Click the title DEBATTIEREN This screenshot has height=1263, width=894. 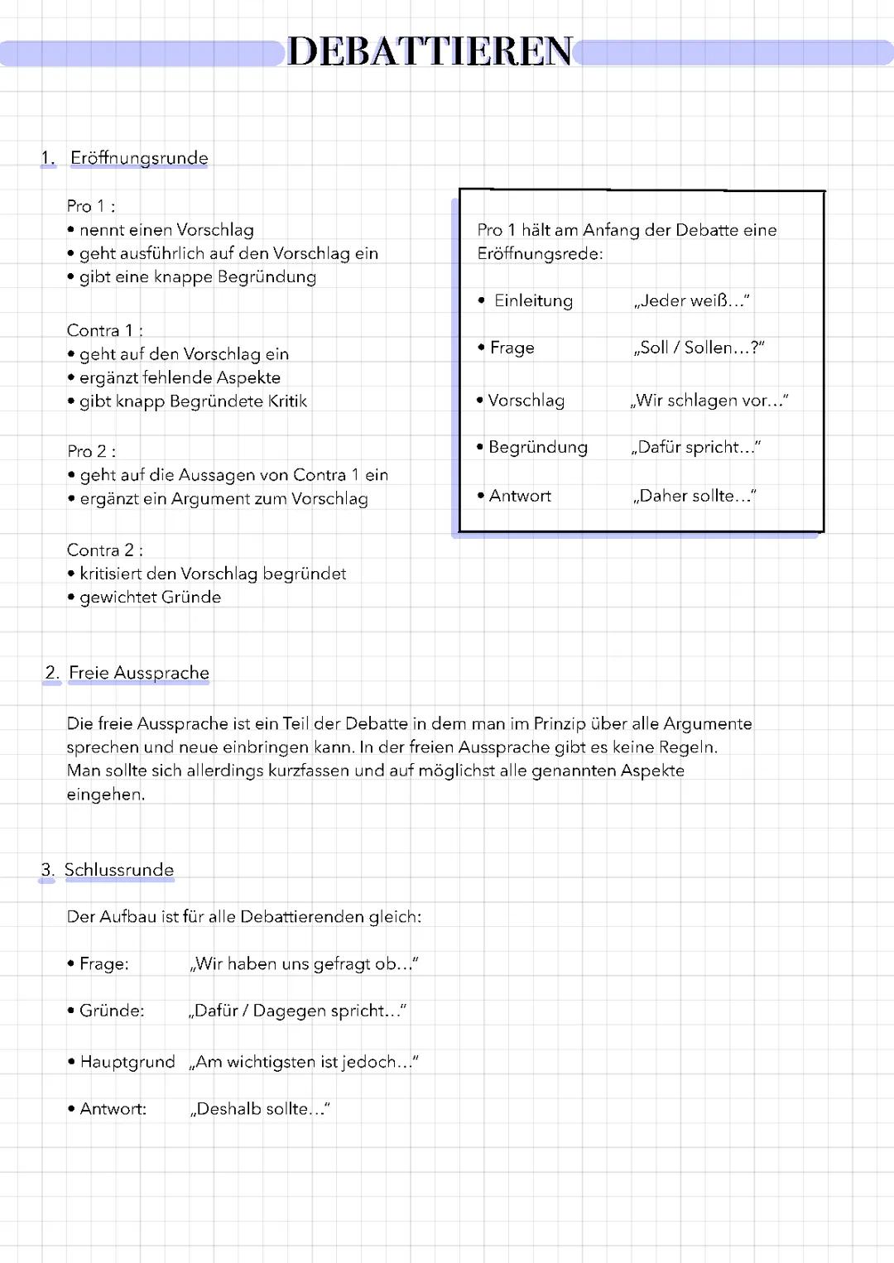click(x=430, y=51)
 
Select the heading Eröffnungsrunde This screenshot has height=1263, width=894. click(x=139, y=158)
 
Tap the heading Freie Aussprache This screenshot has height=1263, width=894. click(x=138, y=673)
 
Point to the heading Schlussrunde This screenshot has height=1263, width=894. click(x=119, y=870)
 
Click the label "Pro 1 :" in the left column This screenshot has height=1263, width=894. click(x=91, y=206)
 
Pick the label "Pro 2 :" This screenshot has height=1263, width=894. click(x=91, y=451)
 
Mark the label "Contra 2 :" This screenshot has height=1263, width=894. click(x=104, y=550)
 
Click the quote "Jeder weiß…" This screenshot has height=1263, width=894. click(x=692, y=301)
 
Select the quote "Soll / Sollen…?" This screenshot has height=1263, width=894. click(x=699, y=348)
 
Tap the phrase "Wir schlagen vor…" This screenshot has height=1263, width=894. click(x=709, y=401)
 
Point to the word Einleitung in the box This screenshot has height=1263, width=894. click(x=533, y=301)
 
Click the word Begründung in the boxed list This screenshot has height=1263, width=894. click(x=538, y=448)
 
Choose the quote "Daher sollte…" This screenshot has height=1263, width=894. click(x=695, y=496)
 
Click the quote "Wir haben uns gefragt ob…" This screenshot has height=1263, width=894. click(x=304, y=964)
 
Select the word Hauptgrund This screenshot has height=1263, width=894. click(x=127, y=1062)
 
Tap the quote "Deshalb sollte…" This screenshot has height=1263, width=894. click(x=260, y=1109)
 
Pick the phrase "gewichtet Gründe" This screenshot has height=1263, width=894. click(x=150, y=598)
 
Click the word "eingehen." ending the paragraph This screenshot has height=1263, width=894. click(x=105, y=795)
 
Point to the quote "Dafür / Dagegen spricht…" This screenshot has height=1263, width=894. click(x=298, y=1011)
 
